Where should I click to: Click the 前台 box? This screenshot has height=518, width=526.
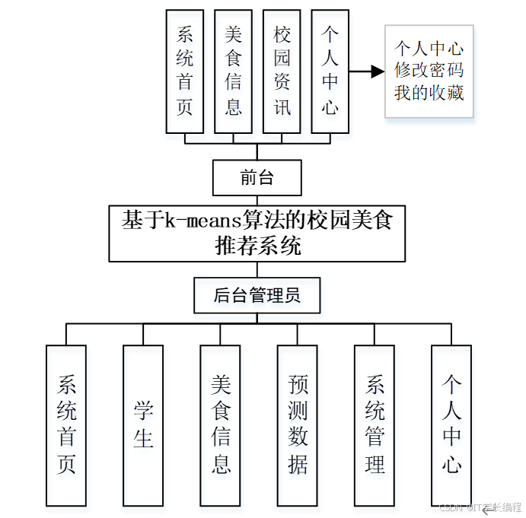[x=257, y=179]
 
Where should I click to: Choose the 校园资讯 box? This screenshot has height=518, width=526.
[x=282, y=71]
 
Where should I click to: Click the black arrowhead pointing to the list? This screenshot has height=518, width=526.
[x=377, y=72]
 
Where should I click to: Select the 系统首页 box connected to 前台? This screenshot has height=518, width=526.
[x=185, y=71]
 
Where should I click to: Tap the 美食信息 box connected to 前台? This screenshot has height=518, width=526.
[x=233, y=71]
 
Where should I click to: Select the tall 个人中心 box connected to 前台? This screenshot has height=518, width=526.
[x=330, y=71]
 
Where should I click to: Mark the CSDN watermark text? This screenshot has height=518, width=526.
[x=480, y=507]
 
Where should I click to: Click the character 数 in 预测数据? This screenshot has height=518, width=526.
[x=298, y=438]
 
